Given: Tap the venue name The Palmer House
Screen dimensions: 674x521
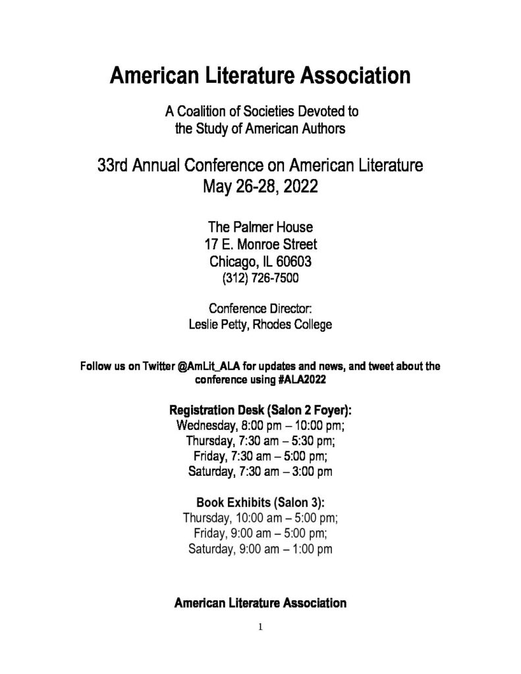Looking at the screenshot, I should click(x=260, y=228).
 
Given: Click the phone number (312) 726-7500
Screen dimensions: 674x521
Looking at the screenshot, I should click(x=260, y=278).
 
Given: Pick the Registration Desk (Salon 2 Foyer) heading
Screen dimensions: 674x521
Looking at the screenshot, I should click(x=260, y=409).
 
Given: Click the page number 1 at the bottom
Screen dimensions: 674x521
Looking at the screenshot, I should click(x=260, y=627).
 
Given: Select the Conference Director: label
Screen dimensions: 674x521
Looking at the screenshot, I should click(x=260, y=309).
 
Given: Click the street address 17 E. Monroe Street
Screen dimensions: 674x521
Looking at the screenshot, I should click(x=260, y=245).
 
